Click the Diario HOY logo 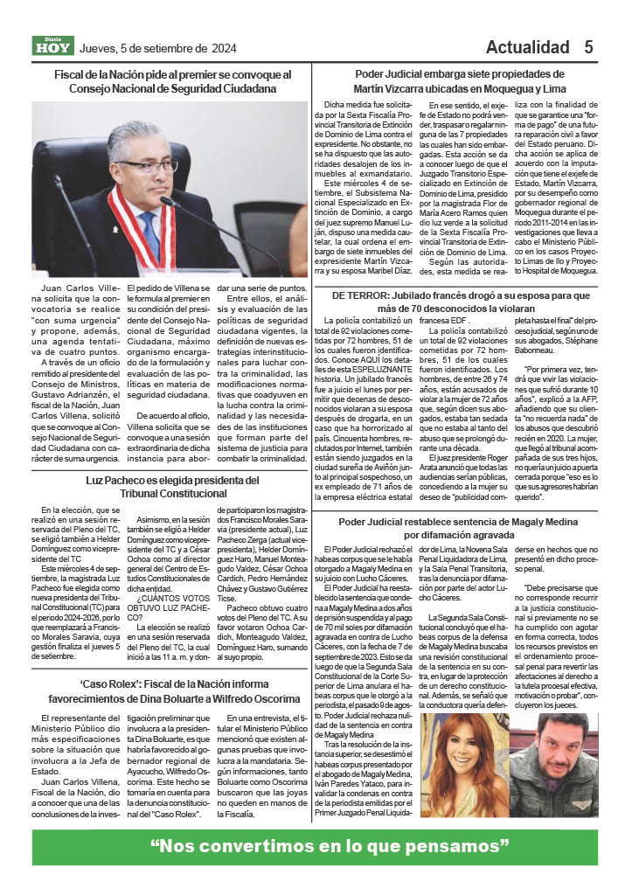tap(53, 46)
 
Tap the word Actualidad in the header tap(528, 47)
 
